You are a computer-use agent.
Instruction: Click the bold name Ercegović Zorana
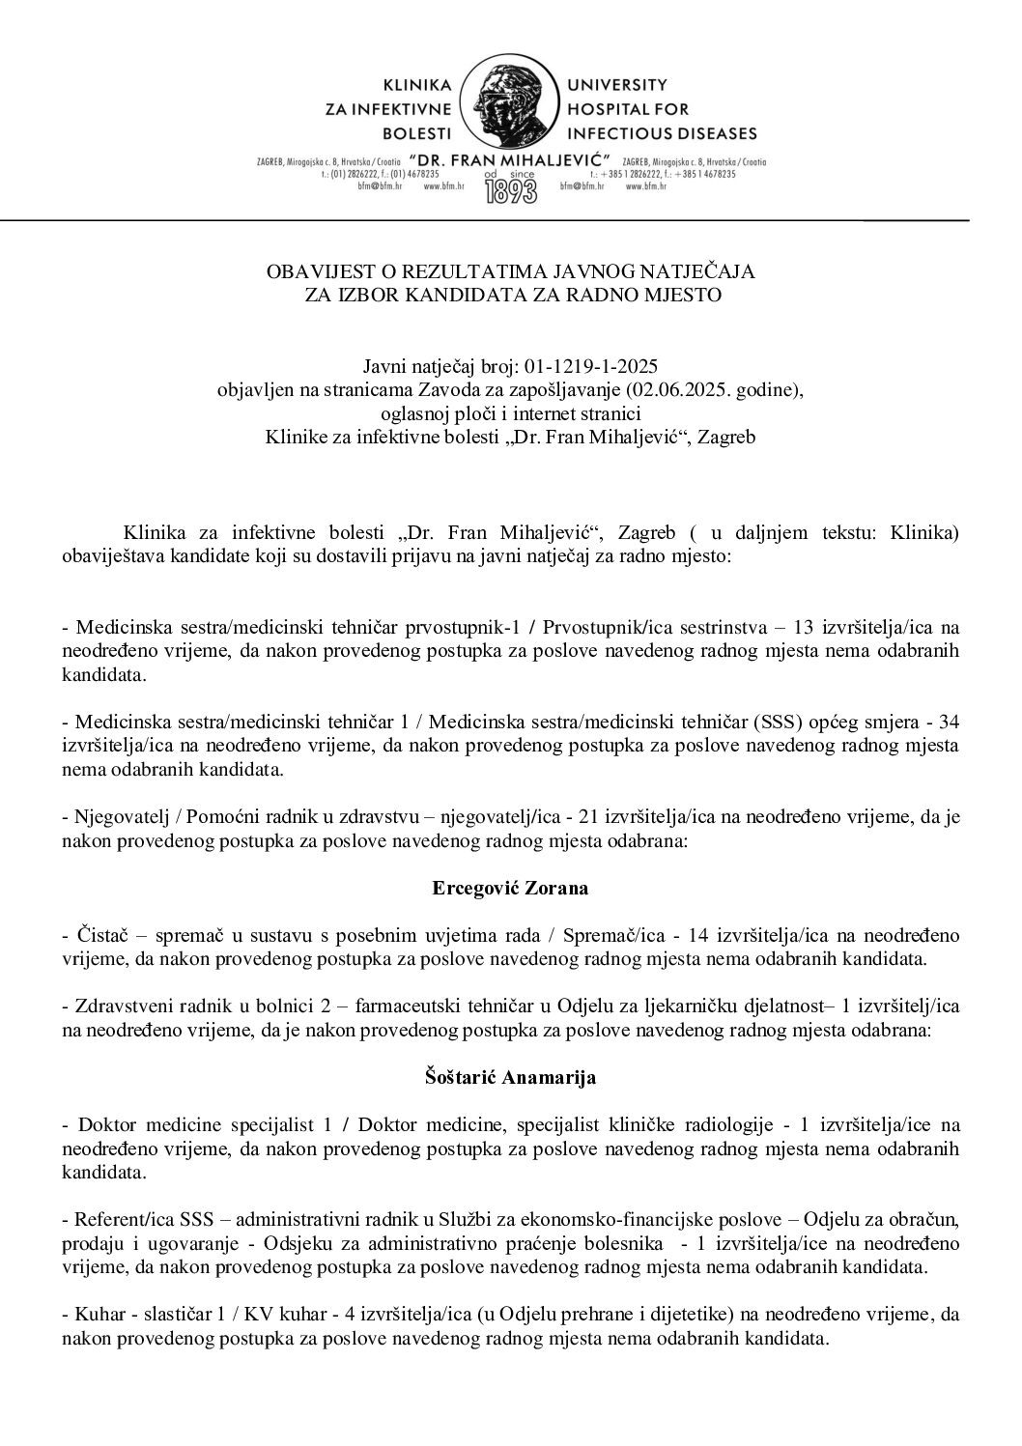click(x=510, y=888)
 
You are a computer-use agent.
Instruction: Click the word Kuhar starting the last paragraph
click(x=96, y=1316)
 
